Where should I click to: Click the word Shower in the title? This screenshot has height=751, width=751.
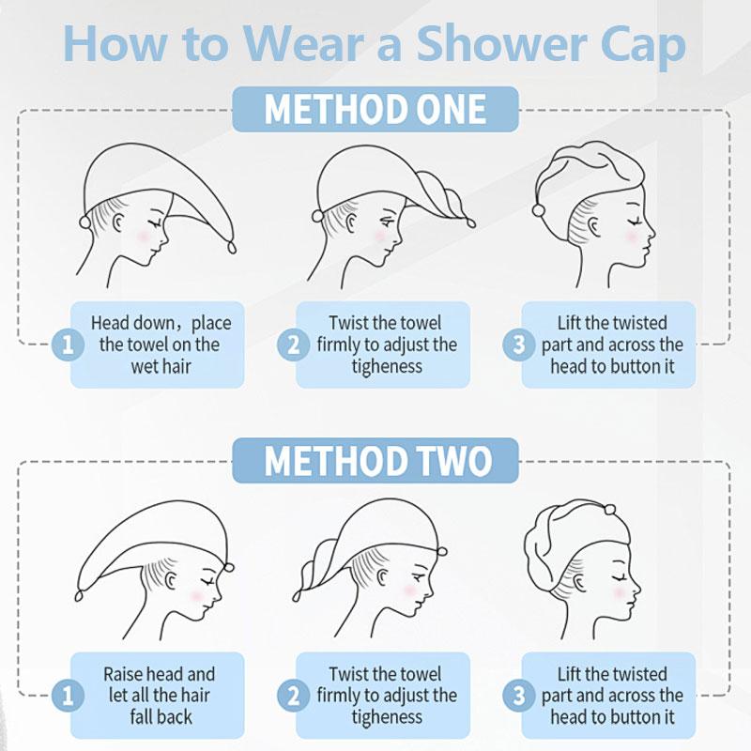[501, 44]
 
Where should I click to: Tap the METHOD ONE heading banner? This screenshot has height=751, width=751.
[375, 110]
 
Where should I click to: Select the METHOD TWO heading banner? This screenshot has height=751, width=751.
[375, 461]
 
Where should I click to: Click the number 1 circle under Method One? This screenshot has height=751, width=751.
[68, 345]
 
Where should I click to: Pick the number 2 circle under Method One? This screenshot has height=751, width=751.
[294, 345]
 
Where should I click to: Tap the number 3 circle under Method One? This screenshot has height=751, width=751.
[519, 345]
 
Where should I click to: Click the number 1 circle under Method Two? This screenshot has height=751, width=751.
[68, 696]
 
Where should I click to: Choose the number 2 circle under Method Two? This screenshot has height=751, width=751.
[294, 696]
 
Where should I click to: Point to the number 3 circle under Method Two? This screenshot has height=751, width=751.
[519, 696]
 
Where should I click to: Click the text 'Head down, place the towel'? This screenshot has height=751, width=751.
[161, 334]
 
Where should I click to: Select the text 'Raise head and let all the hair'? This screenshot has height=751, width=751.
[159, 684]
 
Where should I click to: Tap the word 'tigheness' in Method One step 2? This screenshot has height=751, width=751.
[387, 366]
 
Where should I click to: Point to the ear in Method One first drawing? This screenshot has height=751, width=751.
[118, 222]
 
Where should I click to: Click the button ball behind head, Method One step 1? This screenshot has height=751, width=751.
[85, 222]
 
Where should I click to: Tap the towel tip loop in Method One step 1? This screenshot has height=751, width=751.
[232, 247]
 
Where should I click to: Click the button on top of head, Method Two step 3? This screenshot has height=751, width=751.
[609, 509]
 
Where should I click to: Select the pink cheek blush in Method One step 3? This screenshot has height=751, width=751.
[631, 237]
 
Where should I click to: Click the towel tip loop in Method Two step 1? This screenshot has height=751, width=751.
[79, 595]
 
